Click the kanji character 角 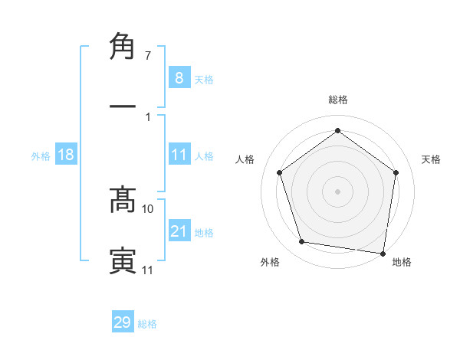123,47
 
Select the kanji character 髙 123,199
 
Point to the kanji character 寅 123,260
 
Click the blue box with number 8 179,78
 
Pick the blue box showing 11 179,155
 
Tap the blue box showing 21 179,231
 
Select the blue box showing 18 66,155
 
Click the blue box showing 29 123,322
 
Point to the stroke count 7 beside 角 147,56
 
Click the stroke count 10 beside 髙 148,208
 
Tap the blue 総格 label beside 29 147,324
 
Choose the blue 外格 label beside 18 41,156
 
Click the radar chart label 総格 337,100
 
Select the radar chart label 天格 432,159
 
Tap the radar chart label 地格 402,262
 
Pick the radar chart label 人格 245,159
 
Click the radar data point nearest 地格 382,253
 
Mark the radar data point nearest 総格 337,130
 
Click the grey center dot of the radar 337,191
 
